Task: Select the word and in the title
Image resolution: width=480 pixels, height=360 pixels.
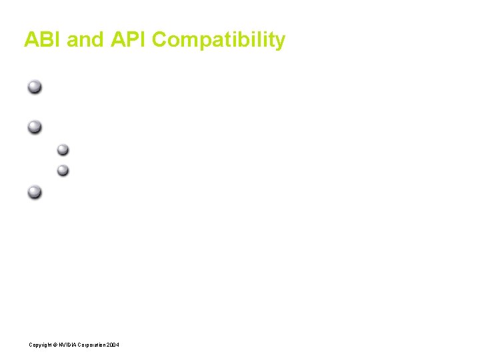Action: (85, 40)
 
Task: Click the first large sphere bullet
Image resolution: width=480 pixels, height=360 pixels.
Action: (35, 87)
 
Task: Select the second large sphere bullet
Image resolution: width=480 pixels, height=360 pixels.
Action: (35, 125)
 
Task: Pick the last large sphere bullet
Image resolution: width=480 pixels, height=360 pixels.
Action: (35, 193)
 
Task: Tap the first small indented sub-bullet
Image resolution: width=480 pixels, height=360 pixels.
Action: (63, 149)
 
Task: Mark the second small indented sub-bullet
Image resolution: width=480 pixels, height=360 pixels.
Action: (63, 170)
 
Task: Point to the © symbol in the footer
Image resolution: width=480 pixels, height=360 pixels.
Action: (55, 344)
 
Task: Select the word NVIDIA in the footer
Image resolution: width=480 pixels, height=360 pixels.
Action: (68, 344)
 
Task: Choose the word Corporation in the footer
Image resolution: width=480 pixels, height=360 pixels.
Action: (92, 344)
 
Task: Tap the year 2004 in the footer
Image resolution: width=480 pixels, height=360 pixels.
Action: (113, 344)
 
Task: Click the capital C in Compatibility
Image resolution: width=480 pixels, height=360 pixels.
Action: (160, 40)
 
